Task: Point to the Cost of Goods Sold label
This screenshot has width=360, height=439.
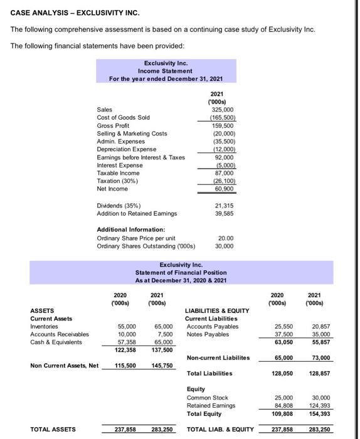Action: click(123, 117)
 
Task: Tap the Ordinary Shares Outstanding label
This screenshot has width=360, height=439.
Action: click(146, 246)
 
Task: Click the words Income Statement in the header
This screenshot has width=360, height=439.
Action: click(165, 71)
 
